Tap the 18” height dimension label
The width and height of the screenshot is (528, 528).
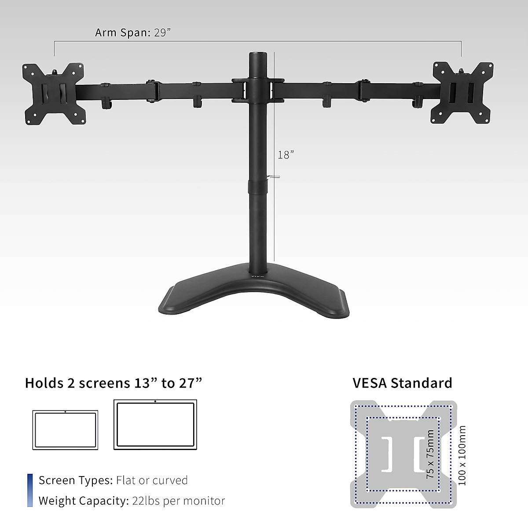(x=286, y=155)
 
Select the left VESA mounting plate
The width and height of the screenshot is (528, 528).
(x=54, y=94)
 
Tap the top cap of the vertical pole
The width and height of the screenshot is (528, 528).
(x=257, y=55)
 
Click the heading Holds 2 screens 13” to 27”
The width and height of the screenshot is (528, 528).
(x=114, y=383)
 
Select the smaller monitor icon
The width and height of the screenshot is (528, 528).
(x=65, y=430)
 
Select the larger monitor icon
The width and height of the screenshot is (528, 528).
(x=155, y=424)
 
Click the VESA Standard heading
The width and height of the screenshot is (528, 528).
(x=402, y=383)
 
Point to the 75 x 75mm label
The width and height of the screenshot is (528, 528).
(x=430, y=454)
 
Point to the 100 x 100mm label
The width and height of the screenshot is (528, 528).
(x=462, y=455)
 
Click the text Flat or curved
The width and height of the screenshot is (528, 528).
(x=152, y=480)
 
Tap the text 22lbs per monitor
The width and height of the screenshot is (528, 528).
(x=178, y=501)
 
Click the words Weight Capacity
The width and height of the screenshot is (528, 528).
(x=83, y=501)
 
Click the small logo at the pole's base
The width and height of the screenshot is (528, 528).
(x=257, y=276)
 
